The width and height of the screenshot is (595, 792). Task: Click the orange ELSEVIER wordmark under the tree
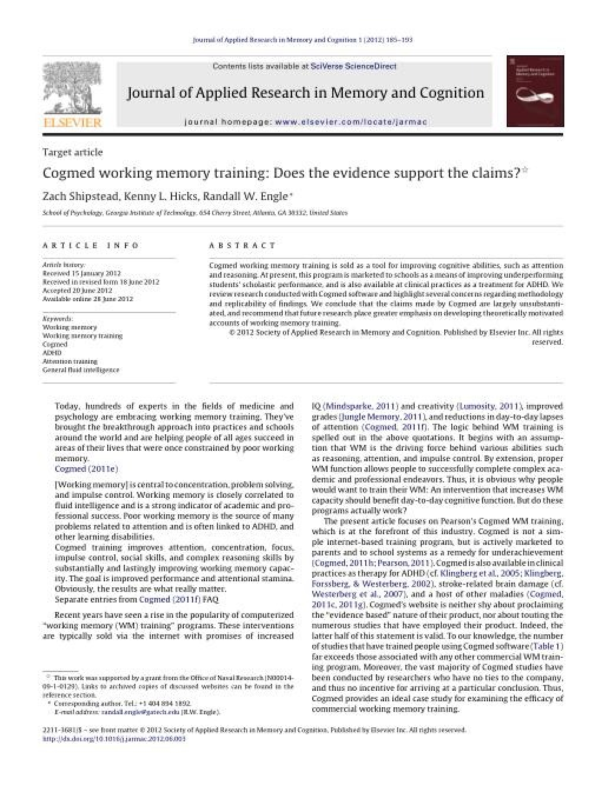click(72, 122)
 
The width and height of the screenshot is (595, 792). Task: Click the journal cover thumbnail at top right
click(535, 91)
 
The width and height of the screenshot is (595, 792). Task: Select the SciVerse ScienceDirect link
click(353, 66)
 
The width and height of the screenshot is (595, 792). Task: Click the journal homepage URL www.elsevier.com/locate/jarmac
click(351, 122)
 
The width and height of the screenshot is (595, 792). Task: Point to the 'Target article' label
click(72, 152)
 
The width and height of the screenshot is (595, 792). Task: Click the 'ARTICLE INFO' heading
click(91, 245)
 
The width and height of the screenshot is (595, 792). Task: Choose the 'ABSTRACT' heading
click(242, 245)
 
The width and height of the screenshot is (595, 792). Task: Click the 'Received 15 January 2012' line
click(81, 274)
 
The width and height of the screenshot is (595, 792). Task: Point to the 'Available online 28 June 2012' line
click(88, 299)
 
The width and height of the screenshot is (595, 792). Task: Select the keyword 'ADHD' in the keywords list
click(52, 353)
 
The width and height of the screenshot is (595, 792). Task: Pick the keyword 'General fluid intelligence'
click(81, 370)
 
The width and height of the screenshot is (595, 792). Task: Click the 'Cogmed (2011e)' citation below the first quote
click(86, 469)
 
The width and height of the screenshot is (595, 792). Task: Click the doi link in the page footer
click(114, 738)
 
